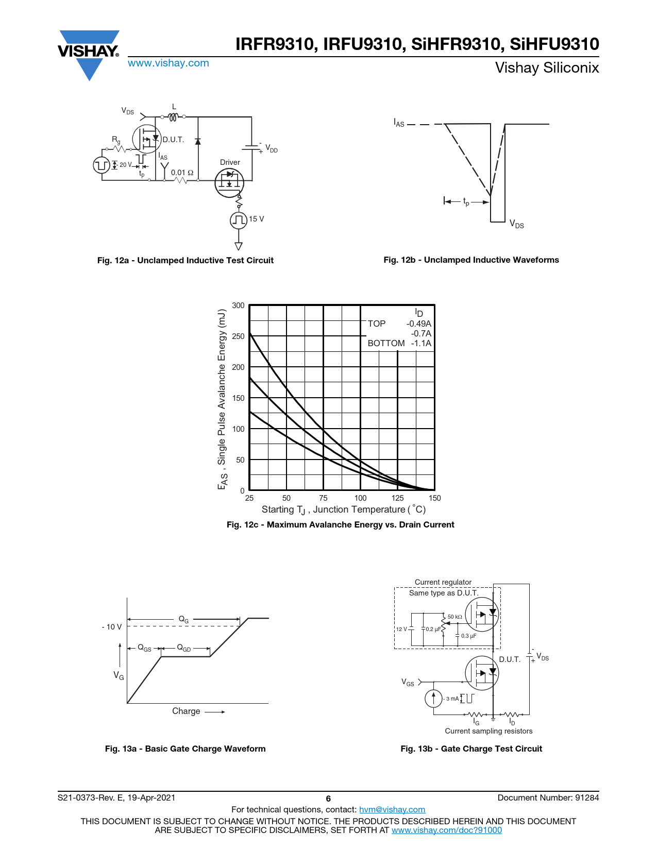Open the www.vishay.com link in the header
[x=168, y=63]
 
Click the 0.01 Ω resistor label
[x=182, y=173]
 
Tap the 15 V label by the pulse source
[x=256, y=219]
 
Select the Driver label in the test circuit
[x=230, y=162]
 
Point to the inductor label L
[x=174, y=107]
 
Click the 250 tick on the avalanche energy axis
[x=238, y=336]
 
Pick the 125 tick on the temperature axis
[x=397, y=498]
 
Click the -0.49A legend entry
[x=418, y=324]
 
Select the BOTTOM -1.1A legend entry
[x=399, y=343]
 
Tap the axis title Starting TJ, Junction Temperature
[x=344, y=509]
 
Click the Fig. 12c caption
[x=340, y=524]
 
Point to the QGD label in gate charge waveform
[x=184, y=648]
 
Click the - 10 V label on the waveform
[x=112, y=627]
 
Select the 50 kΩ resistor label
[x=454, y=617]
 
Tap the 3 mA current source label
[x=452, y=699]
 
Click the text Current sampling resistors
[x=488, y=731]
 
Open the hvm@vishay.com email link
[x=392, y=809]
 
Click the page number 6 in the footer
[x=328, y=798]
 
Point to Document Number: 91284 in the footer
[x=548, y=797]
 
